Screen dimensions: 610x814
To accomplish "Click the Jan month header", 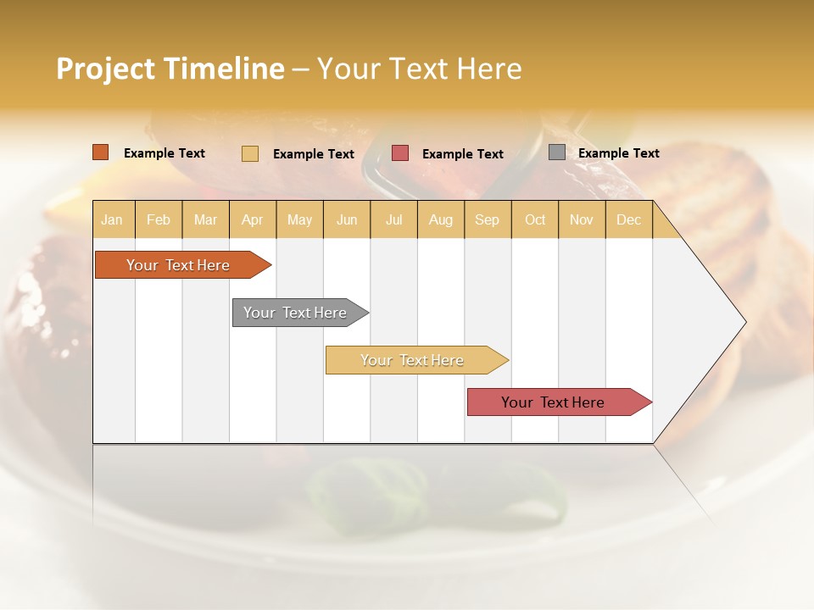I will click(112, 219).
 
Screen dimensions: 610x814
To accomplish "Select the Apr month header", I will click(252, 219).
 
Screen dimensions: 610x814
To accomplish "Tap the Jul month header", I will click(393, 219).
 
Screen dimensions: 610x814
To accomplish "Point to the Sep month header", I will click(487, 219).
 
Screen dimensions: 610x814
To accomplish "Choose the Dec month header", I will click(628, 219).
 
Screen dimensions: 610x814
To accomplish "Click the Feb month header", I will click(158, 219).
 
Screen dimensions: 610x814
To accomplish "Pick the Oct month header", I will click(535, 219).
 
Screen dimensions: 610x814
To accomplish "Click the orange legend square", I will click(100, 152).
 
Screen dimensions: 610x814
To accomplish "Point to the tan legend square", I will click(250, 153).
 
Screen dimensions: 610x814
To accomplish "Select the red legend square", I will click(400, 153).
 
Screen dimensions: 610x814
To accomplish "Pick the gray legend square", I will click(557, 152).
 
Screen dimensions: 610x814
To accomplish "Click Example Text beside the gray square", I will click(618, 153).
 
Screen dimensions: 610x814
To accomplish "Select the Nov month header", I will click(581, 219).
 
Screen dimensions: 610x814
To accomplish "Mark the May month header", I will click(299, 219).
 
